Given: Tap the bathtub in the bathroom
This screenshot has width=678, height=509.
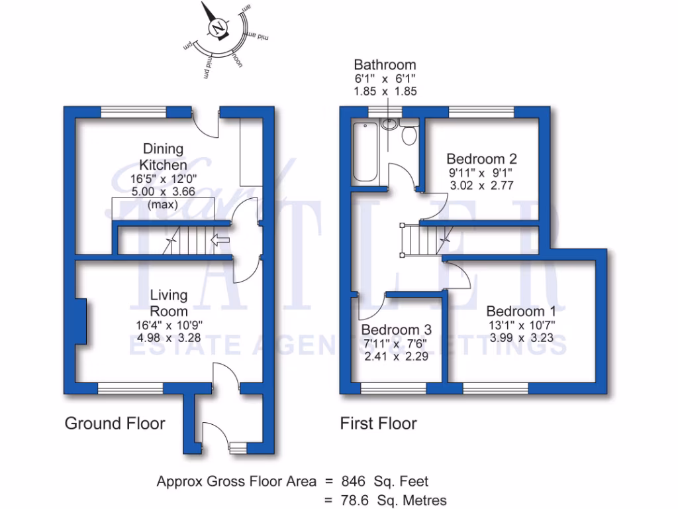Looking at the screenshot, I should click(x=364, y=152).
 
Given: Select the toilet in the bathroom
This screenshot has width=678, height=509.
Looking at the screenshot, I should click(x=409, y=135).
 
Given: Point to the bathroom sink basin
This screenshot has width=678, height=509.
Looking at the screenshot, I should click(x=389, y=123).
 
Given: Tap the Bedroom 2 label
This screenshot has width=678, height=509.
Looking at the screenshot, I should click(x=481, y=159).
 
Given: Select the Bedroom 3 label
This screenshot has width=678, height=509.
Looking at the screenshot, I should click(x=397, y=329).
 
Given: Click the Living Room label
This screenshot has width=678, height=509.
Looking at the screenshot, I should click(x=168, y=303).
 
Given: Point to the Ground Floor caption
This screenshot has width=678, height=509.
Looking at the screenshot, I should click(x=115, y=423).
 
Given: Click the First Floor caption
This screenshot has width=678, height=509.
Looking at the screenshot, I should click(x=378, y=423).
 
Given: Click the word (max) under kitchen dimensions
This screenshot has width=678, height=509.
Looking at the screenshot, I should click(x=162, y=204).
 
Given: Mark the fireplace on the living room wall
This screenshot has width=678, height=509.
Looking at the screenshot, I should click(x=80, y=321).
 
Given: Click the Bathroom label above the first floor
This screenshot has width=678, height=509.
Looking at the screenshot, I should click(x=385, y=65).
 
